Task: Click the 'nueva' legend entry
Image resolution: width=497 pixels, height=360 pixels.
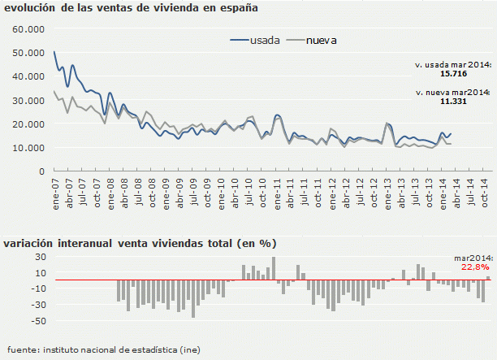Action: click(x=322, y=39)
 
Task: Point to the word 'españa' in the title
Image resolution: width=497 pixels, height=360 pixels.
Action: click(x=236, y=9)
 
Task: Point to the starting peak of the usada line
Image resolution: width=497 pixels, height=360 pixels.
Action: click(x=54, y=52)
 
